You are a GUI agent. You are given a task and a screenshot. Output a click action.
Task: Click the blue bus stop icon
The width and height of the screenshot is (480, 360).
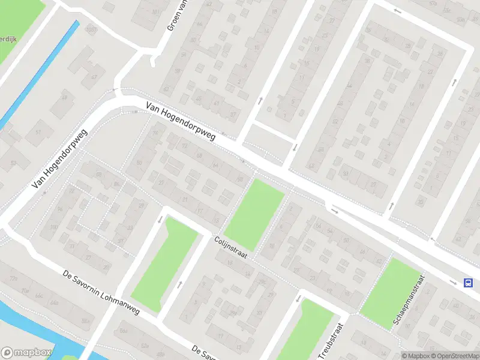pyautogui.click(x=467, y=283)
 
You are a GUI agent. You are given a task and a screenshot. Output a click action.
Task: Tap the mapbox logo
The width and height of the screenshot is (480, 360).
pyautogui.click(x=25, y=353)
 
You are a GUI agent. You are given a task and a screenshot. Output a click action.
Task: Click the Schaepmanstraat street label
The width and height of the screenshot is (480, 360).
pyautogui.click(x=409, y=301)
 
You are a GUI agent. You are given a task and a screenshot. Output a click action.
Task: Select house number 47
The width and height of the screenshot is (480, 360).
pyautogui.click(x=94, y=77)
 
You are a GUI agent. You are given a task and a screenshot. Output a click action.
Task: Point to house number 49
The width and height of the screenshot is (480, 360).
pyautogui.click(x=65, y=98)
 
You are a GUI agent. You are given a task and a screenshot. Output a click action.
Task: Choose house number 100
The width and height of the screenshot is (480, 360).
pyautogui.click(x=54, y=227)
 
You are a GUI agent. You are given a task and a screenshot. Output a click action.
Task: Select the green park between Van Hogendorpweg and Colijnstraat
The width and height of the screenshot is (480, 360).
pyautogui.click(x=254, y=213)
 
